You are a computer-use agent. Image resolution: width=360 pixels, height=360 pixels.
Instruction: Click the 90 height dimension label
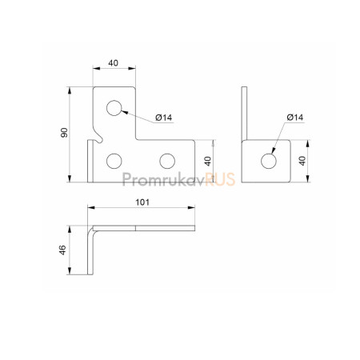coord(64,133)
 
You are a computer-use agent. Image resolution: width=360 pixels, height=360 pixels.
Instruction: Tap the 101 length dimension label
coord(142,202)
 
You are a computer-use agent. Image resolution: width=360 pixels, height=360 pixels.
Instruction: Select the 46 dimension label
coord(62,250)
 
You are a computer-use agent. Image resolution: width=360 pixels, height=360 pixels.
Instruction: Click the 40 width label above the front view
coord(113,63)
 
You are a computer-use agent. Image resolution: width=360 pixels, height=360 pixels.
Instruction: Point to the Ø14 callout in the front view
coord(164,118)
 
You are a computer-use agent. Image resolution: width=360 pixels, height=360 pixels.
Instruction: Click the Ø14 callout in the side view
coord(295,118)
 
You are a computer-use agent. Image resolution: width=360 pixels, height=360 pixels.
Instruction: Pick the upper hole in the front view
coord(114,108)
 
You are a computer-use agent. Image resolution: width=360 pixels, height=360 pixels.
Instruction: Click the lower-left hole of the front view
coord(114,161)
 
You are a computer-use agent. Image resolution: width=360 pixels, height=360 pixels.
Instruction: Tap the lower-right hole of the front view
coord(167,161)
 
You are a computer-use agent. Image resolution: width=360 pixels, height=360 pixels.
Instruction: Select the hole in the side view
coord(269,161)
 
